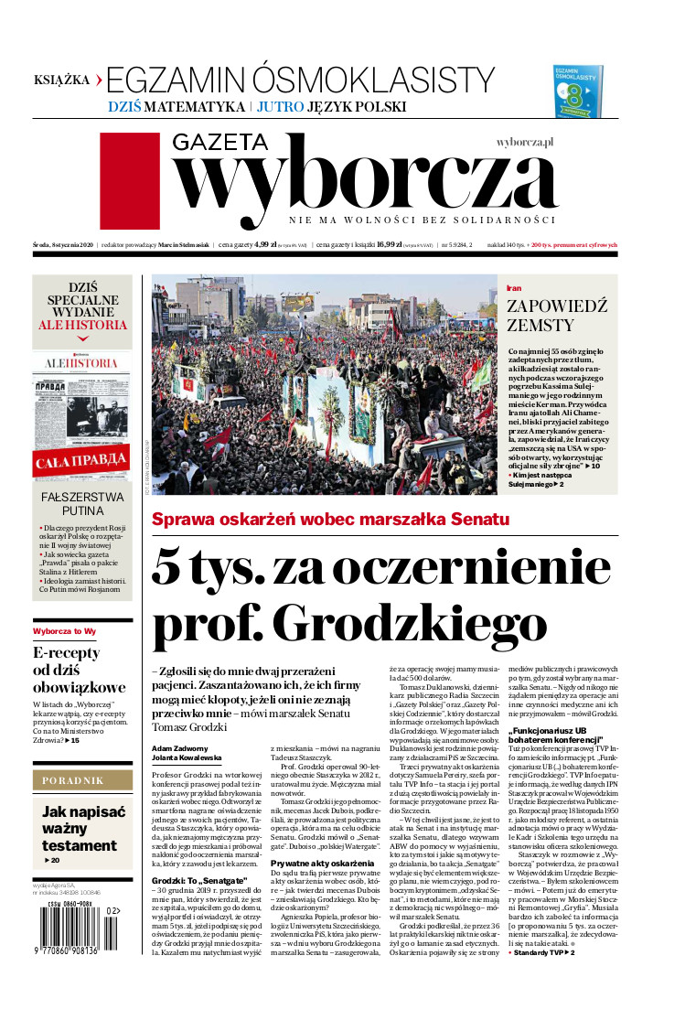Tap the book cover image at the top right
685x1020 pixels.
(x=578, y=91)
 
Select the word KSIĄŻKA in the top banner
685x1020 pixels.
(x=61, y=80)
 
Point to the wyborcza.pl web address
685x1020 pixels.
(x=526, y=143)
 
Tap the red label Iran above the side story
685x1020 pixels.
(x=514, y=288)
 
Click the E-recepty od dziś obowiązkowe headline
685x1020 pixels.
(x=79, y=670)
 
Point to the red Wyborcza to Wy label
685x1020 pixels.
(x=64, y=631)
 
